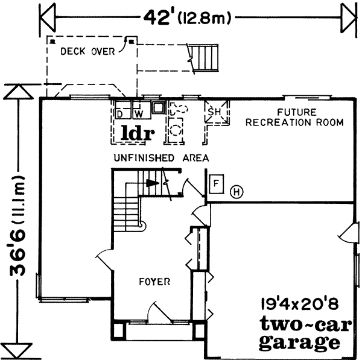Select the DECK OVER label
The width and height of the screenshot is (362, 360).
pos(87,52)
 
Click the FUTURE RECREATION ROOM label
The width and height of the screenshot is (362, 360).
pos(310,118)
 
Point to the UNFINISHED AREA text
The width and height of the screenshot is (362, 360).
pos(161,158)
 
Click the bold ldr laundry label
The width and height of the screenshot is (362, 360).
pos(136,131)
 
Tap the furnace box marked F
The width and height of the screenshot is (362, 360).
pos(216,183)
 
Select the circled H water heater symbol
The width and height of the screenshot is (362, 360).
pos(237,192)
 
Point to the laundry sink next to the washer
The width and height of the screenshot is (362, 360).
pos(158,108)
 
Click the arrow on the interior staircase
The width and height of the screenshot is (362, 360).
pos(155,183)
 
